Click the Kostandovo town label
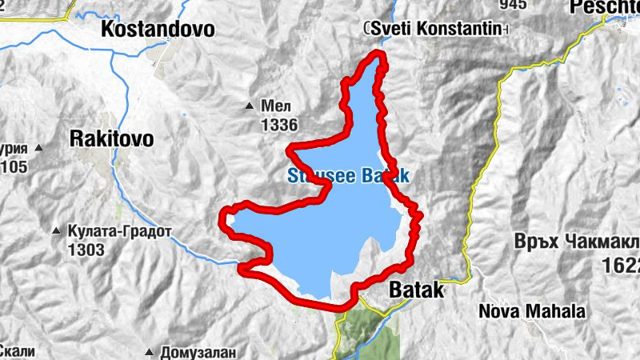158,30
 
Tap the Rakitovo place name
111,138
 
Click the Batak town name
415,291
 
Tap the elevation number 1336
278,125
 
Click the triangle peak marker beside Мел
249,106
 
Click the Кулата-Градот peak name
120,232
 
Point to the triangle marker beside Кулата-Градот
56,232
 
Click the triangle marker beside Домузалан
150,352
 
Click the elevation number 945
511,5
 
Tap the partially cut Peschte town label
605,8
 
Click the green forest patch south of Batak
372,332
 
